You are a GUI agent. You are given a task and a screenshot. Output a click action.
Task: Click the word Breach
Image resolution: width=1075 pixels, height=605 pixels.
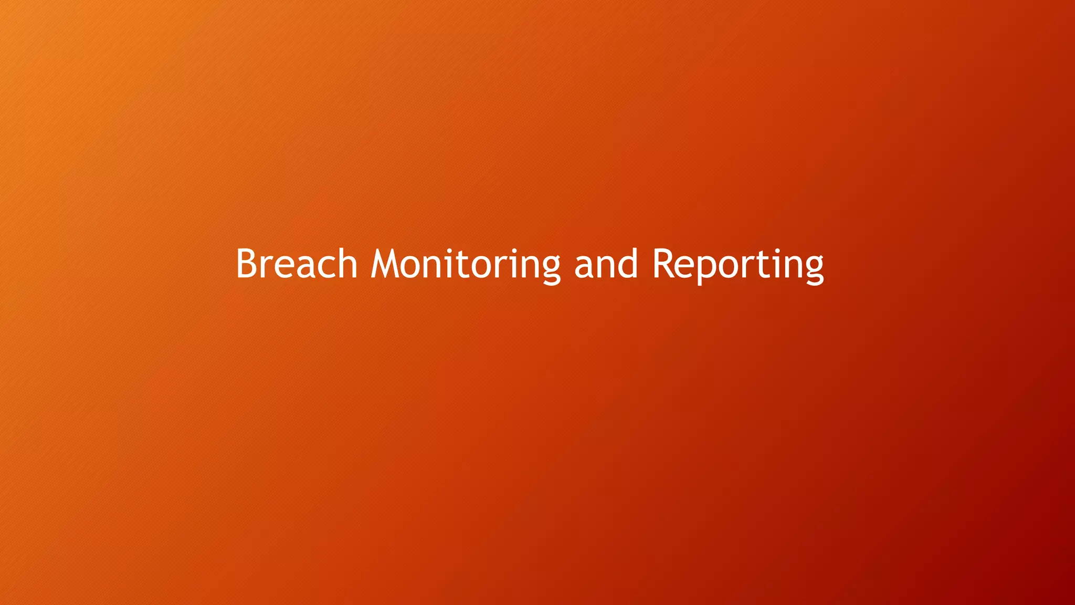(297, 264)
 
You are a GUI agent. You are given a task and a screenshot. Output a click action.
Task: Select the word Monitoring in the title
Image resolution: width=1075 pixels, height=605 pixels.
(466, 264)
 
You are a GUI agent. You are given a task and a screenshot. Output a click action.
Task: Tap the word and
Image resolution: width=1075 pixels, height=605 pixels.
(606, 264)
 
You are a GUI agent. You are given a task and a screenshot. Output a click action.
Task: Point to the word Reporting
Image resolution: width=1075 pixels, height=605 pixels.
(737, 264)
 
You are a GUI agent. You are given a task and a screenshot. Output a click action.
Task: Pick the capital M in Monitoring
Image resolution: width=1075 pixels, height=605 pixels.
(385, 264)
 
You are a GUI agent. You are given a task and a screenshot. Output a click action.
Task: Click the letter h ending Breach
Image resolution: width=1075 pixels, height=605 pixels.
(346, 264)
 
